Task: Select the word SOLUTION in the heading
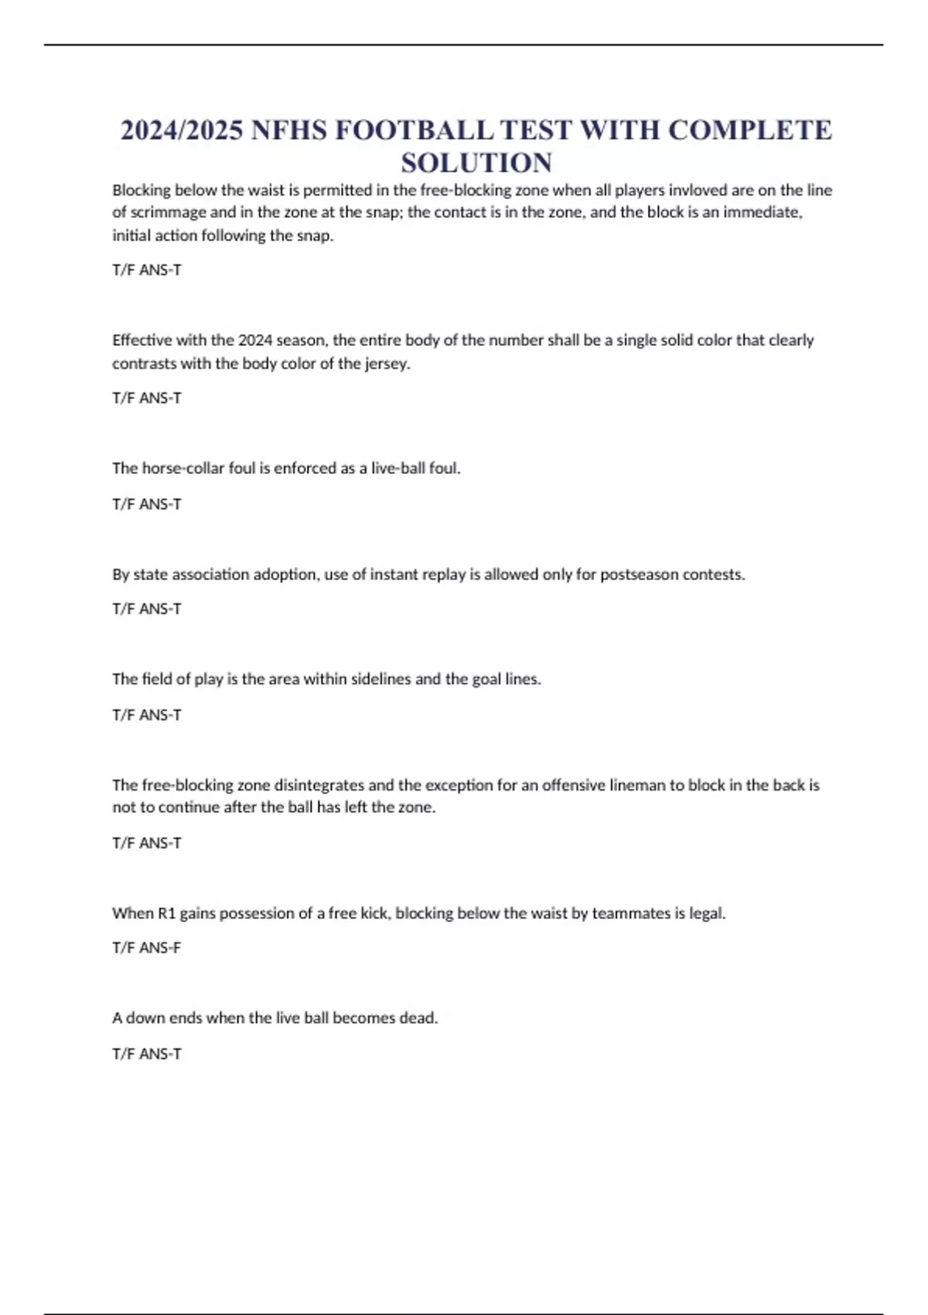pyautogui.click(x=476, y=163)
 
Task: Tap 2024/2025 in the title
pyautogui.click(x=181, y=130)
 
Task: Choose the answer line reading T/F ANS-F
pyautogui.click(x=146, y=948)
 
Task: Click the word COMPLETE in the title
pyautogui.click(x=749, y=130)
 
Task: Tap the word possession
pyautogui.click(x=258, y=914)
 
